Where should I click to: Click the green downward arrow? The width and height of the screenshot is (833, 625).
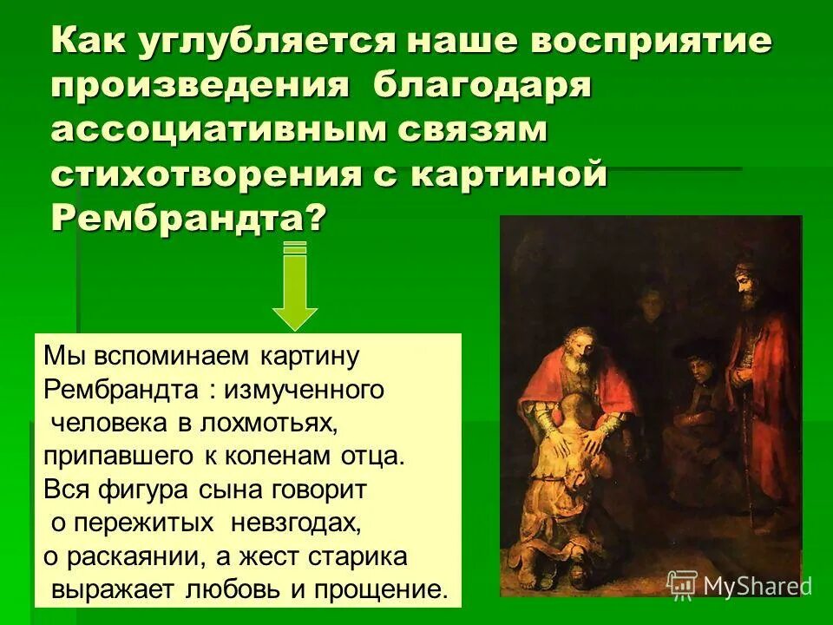coord(295,286)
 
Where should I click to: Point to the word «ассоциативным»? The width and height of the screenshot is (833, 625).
coord(215,130)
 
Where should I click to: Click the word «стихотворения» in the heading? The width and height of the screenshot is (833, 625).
coord(207,174)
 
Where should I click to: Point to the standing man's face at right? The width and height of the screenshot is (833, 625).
coord(744,280)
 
